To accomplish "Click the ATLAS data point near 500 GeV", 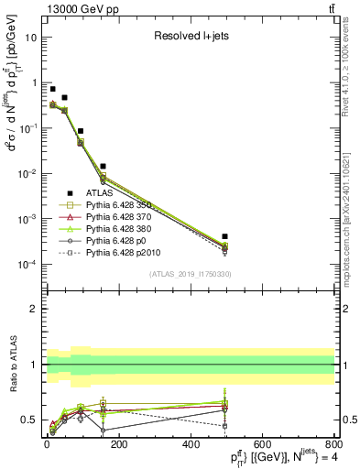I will [x=224, y=236].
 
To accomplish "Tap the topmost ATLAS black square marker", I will [x=52, y=89].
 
